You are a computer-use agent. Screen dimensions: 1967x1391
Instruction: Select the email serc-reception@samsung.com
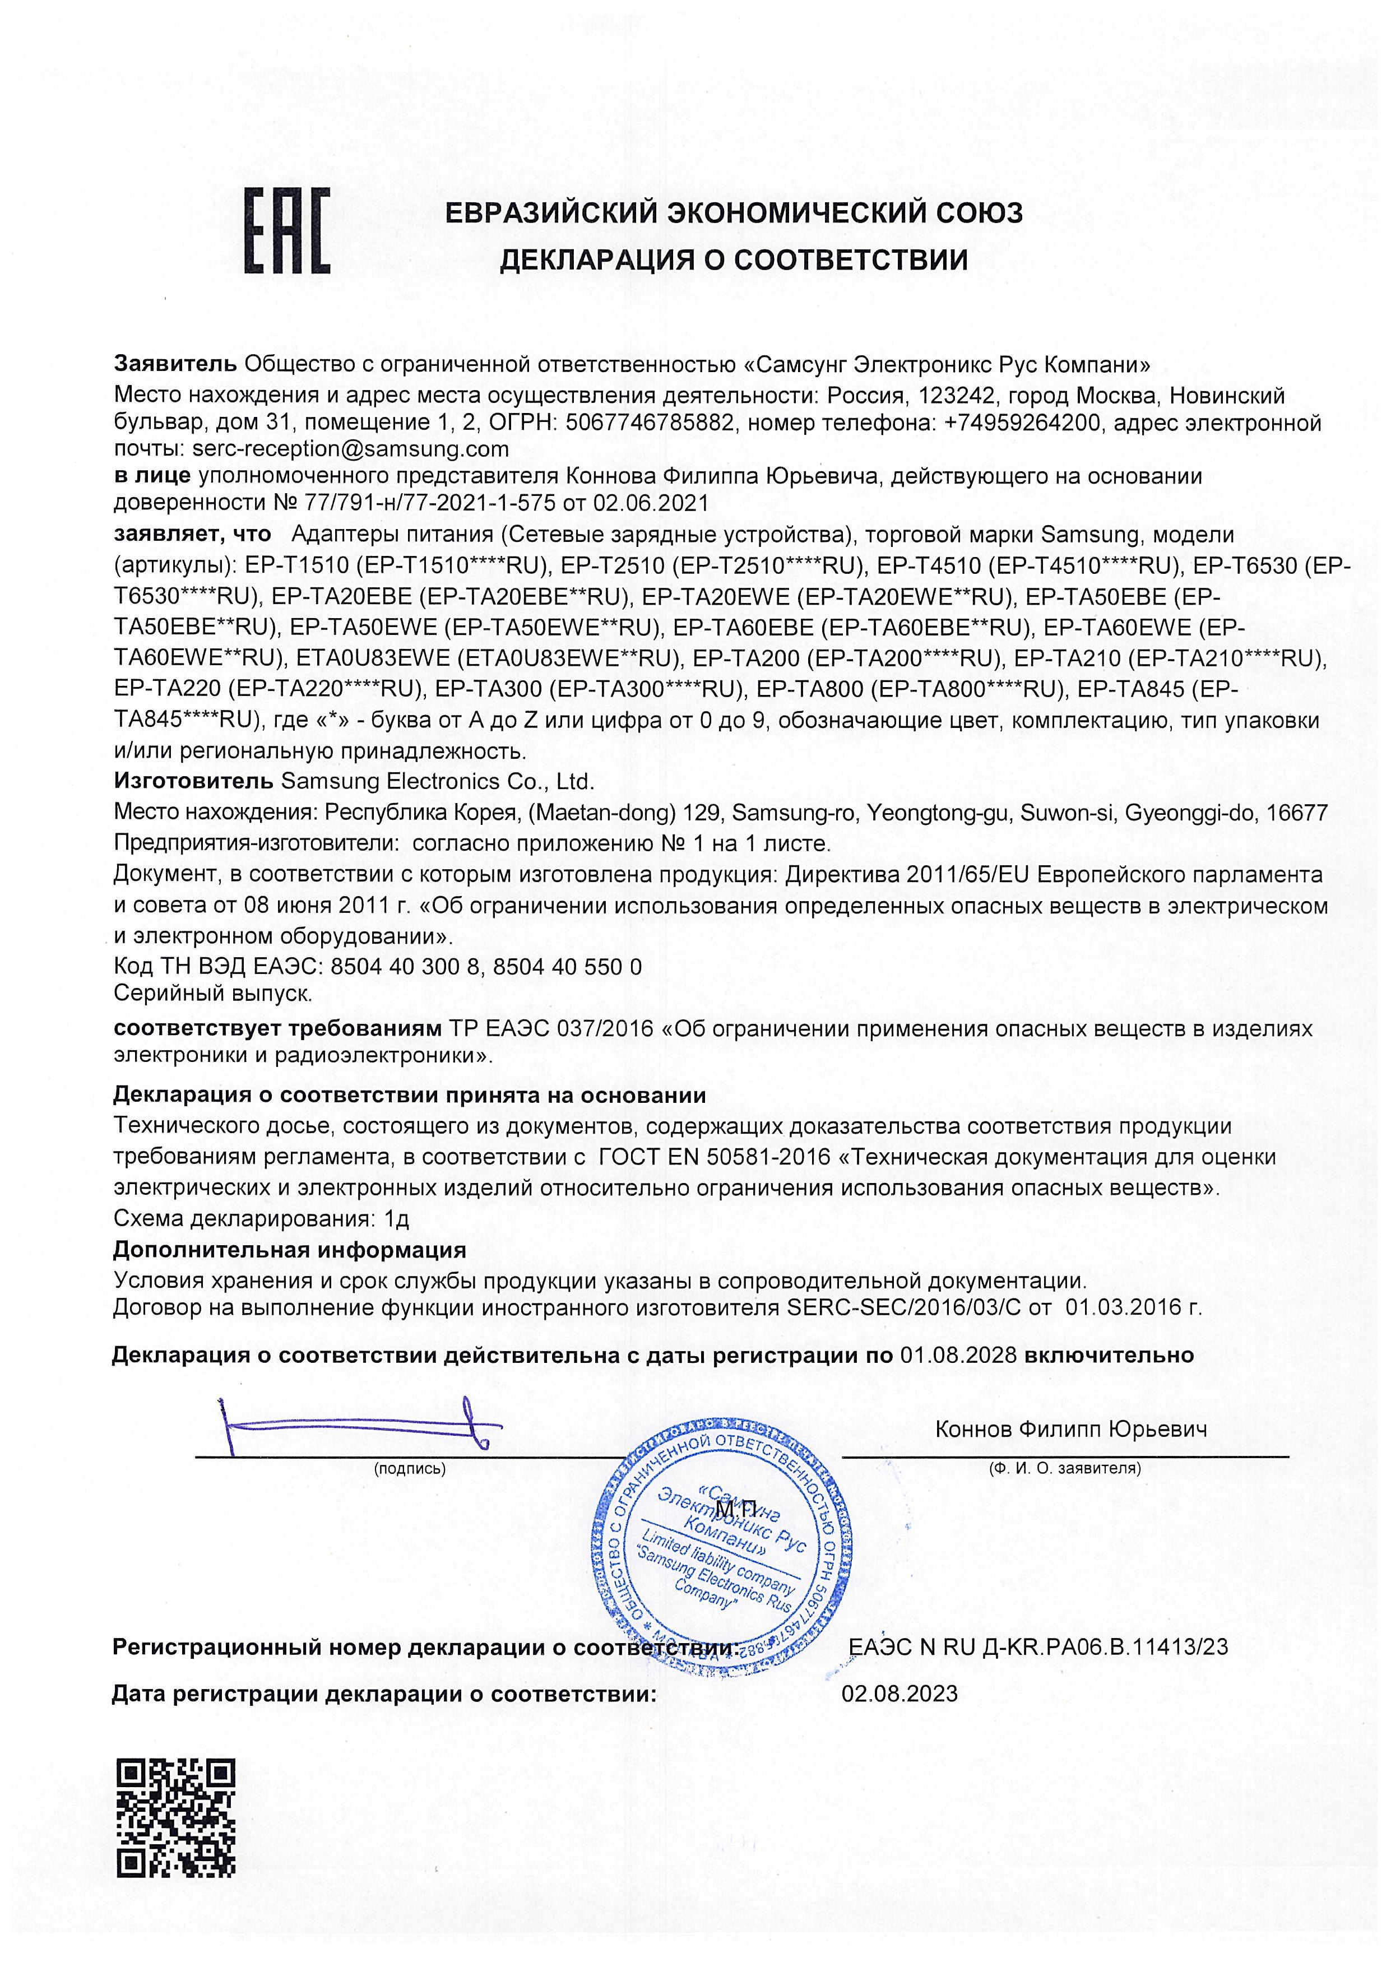[x=350, y=449]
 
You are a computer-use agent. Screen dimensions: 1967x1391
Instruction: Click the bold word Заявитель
[x=175, y=363]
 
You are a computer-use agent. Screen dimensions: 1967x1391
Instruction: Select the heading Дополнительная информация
[x=290, y=1251]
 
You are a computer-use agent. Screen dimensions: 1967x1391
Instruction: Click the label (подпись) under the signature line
[x=410, y=1468]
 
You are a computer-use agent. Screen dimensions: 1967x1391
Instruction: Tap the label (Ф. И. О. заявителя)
[x=1065, y=1468]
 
